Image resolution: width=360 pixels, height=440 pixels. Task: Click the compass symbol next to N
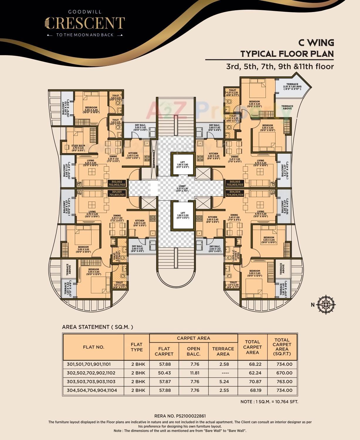tap(326, 305)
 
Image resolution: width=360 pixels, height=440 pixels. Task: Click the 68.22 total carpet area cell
tap(252, 364)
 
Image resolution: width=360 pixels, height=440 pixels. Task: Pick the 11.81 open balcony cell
tap(193, 373)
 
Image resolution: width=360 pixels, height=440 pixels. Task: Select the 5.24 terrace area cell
tap(223, 382)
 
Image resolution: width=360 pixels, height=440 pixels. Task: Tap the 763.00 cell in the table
tap(284, 382)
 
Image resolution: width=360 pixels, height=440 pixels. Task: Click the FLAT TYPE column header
tap(136, 347)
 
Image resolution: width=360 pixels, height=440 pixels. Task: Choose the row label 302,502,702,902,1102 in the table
tap(91, 373)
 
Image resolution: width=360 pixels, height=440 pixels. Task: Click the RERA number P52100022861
tap(180, 416)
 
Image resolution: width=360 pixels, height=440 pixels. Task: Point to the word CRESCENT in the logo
tap(85, 23)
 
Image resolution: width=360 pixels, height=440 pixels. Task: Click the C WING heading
tap(316, 43)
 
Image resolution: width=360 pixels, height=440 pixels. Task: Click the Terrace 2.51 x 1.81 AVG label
tap(292, 87)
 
